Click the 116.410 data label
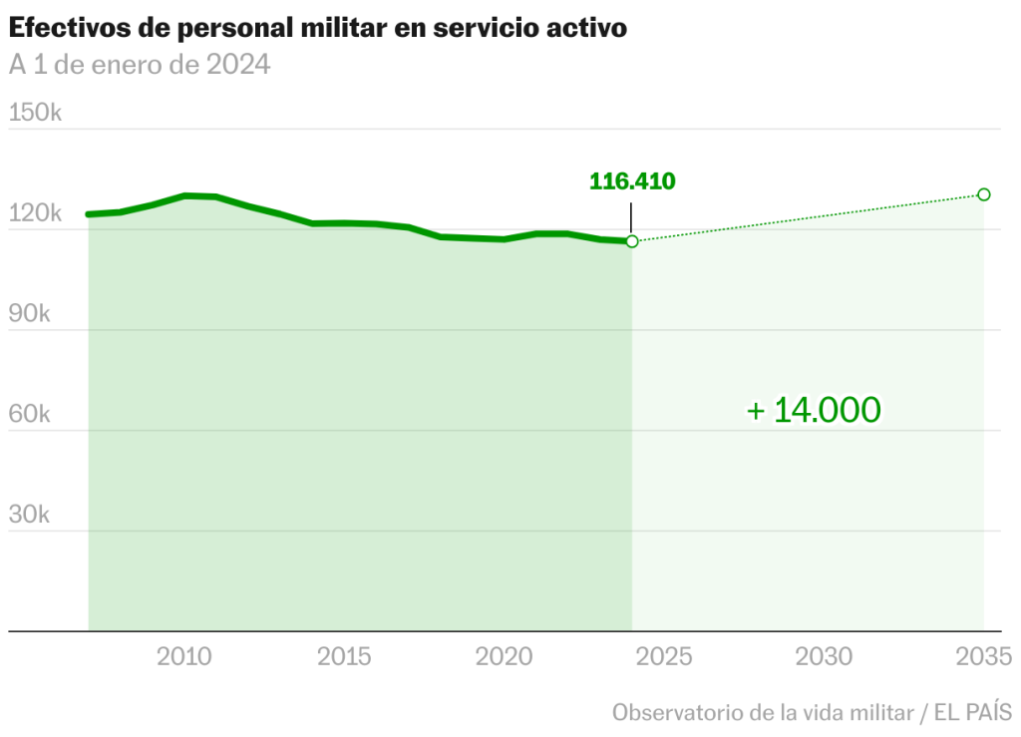pyautogui.click(x=632, y=182)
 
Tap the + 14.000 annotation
pyautogui.click(x=814, y=410)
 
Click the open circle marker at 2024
pyautogui.click(x=632, y=241)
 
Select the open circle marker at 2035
pyautogui.click(x=984, y=194)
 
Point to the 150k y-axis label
pyautogui.click(x=35, y=112)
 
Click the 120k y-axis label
pyautogui.click(x=35, y=212)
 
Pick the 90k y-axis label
pyautogui.click(x=29, y=313)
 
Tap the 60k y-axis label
pyautogui.click(x=29, y=414)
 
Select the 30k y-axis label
pyautogui.click(x=29, y=515)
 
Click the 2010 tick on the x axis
pyautogui.click(x=184, y=656)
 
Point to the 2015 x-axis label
pyautogui.click(x=345, y=656)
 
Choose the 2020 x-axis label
pyautogui.click(x=505, y=656)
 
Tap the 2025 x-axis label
pyautogui.click(x=665, y=656)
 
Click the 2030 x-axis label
pyautogui.click(x=825, y=656)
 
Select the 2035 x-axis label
pyautogui.click(x=984, y=656)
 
